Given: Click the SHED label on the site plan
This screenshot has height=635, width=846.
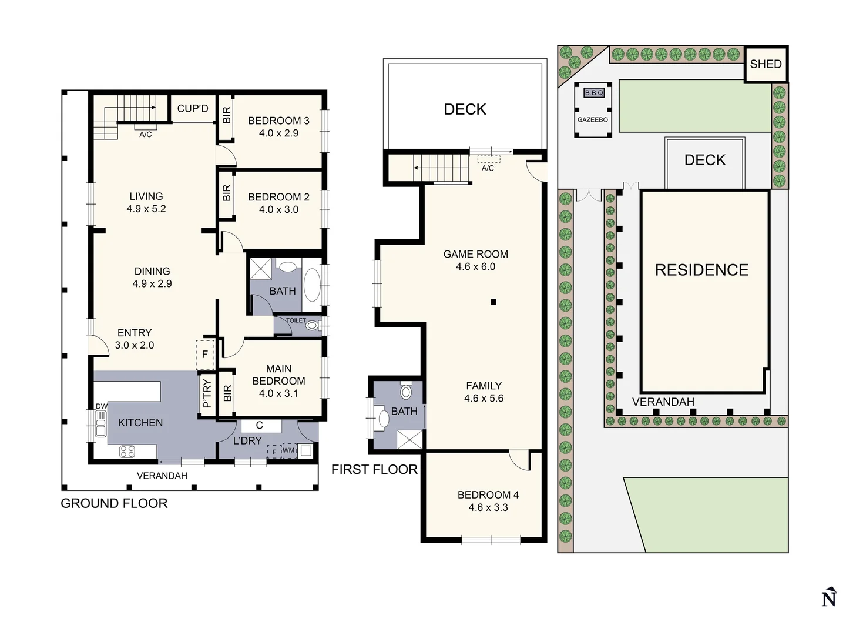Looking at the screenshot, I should point(766,64).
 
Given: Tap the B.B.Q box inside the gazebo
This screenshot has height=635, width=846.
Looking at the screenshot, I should point(593,93).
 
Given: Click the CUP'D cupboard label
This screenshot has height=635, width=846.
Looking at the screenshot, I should point(193,109).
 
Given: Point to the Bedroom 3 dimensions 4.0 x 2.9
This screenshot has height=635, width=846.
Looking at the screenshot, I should point(278,133).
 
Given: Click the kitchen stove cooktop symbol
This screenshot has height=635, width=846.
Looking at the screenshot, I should point(127,452).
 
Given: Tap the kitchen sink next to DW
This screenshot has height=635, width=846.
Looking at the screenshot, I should point(100,423).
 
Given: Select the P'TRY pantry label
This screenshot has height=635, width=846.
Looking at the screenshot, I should point(207,394).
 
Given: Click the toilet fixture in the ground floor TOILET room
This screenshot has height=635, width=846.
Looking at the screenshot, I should point(312,325).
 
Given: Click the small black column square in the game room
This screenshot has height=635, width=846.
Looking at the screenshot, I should point(493,302).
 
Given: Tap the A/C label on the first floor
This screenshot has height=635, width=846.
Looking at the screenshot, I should point(488,168).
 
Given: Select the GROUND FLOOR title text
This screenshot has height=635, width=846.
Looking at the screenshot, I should point(114,503).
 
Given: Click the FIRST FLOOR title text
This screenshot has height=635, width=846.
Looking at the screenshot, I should point(374,469).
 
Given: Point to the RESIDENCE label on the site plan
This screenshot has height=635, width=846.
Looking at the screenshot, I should point(701,270).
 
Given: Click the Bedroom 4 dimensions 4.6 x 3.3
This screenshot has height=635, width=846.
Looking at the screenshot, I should point(488,507).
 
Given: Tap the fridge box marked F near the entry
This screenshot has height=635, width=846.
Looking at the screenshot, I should point(205,355).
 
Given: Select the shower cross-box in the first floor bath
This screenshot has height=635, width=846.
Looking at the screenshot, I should point(409,440).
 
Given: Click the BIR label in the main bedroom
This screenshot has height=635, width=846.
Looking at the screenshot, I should point(227,393).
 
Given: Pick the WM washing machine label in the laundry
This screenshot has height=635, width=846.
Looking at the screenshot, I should point(288,451).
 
